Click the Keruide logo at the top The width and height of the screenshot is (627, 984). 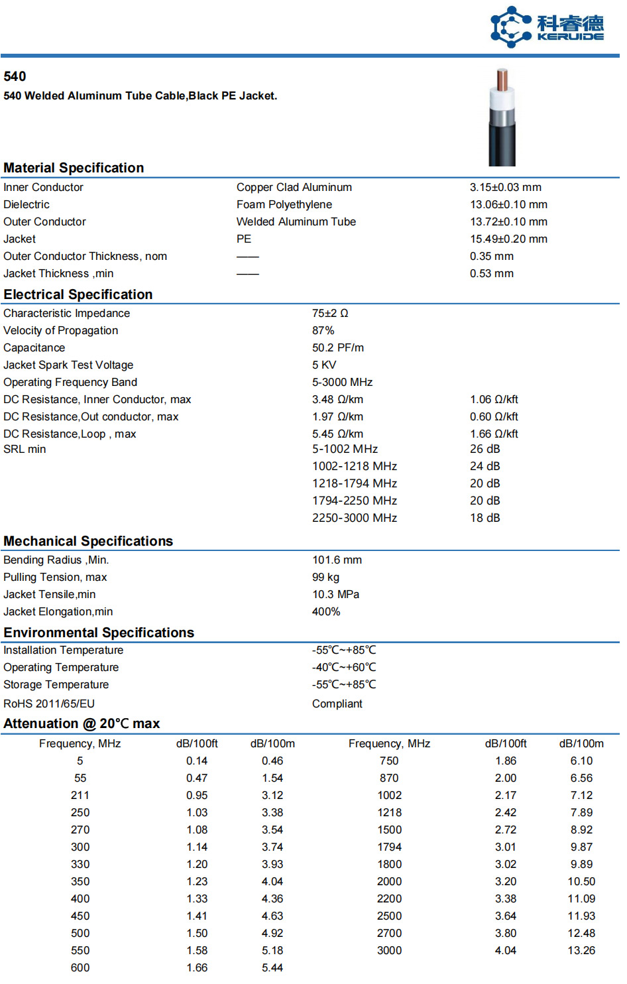point(547,27)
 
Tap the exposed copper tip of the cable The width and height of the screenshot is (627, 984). point(502,80)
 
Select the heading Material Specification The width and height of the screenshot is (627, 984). point(74,168)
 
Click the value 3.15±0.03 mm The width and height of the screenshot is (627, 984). point(505,188)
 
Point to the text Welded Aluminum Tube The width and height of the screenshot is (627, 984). point(296,222)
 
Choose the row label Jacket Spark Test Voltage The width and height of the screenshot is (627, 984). point(68,365)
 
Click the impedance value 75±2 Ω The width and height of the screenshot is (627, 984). point(330,314)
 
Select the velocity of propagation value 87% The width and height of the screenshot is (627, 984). point(323,331)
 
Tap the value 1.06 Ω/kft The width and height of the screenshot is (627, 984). point(494,400)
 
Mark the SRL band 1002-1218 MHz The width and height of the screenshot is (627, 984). point(355,467)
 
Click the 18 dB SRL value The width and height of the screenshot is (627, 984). point(484,519)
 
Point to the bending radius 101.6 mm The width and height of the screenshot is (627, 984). point(337,560)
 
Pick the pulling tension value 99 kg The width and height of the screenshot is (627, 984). point(325,578)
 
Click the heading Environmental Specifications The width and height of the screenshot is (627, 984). point(99,633)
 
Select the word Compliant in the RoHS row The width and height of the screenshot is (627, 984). point(337,704)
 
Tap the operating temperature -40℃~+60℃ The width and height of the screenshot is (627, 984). point(343,668)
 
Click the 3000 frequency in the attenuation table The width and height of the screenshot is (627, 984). point(389,951)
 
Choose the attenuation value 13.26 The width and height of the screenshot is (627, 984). point(581,951)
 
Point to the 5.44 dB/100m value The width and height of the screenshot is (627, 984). point(272,968)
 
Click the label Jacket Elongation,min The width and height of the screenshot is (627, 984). point(58,612)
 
